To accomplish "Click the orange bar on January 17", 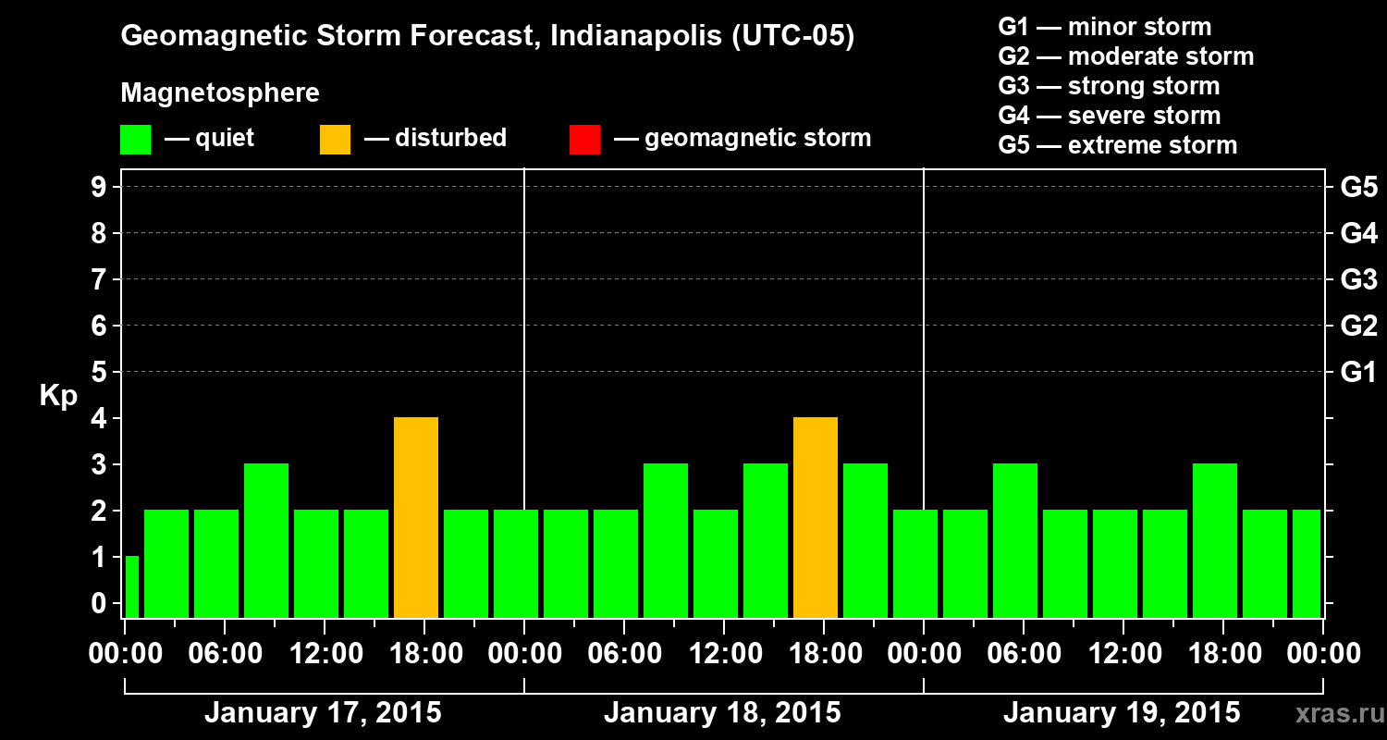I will click(x=415, y=517).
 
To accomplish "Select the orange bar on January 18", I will click(x=815, y=517).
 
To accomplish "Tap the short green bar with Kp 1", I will click(x=131, y=586).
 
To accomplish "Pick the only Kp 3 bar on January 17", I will click(x=265, y=540).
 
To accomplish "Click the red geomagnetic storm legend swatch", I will click(x=584, y=140).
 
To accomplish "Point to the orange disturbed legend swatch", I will click(x=335, y=140).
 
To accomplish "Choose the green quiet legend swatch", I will click(x=135, y=140).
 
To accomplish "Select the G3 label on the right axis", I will click(x=1358, y=279).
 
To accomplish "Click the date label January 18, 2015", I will click(x=722, y=713).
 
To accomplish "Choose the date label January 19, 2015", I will click(x=1122, y=713).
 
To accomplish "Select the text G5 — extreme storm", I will click(x=1117, y=145).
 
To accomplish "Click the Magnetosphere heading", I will click(x=220, y=93).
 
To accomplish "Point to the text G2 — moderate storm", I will click(x=1125, y=56).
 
